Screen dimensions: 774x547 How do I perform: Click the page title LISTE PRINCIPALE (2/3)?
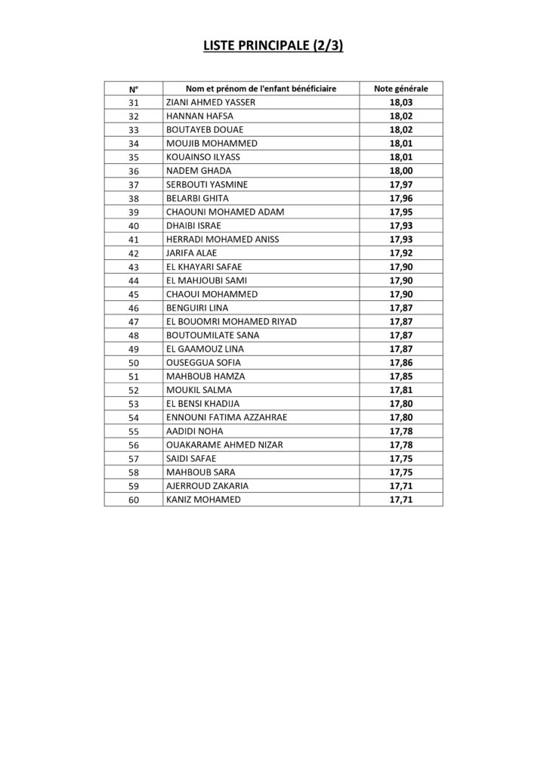[x=273, y=47]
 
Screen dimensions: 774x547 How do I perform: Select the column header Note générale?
[x=401, y=88]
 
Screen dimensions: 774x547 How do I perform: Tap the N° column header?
[x=134, y=88]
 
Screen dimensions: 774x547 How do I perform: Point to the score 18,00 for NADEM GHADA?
[x=401, y=170]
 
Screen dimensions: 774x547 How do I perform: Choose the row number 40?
[x=134, y=225]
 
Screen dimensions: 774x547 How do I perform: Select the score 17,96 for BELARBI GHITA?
[x=401, y=198]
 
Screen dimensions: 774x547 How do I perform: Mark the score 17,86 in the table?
[x=401, y=362]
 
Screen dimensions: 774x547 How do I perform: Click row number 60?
[x=134, y=499]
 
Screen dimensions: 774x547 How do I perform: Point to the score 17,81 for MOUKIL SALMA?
[x=401, y=389]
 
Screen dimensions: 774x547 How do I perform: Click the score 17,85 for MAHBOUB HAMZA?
[x=401, y=376]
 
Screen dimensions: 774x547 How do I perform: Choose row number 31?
[x=134, y=102]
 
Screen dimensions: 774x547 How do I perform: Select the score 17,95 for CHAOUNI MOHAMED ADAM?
[x=401, y=212]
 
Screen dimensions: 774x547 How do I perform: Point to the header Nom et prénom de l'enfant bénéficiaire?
[x=261, y=88]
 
